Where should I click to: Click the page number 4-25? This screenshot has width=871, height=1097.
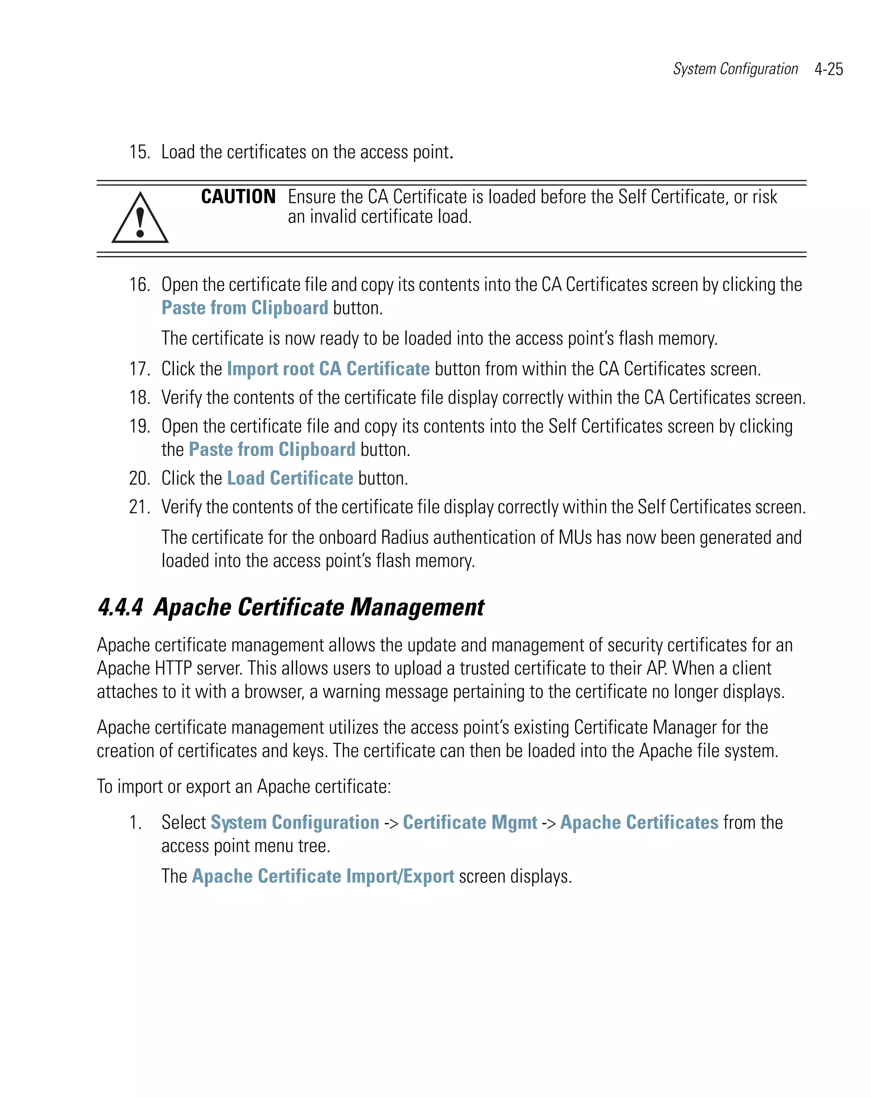coord(828,69)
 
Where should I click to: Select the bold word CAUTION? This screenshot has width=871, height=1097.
coord(238,197)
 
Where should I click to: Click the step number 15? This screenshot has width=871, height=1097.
coord(139,152)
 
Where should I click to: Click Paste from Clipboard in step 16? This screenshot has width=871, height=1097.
coord(245,308)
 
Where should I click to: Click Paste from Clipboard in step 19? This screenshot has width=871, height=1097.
coord(272,449)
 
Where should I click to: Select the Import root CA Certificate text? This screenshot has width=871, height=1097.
coord(328,369)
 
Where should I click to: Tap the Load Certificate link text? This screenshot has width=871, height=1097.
coord(290,478)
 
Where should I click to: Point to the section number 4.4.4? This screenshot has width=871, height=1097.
coord(120,607)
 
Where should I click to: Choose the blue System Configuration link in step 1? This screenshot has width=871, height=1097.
coord(295,822)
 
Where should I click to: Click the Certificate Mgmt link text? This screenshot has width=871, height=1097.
coord(470,822)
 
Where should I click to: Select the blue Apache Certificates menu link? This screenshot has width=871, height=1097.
coord(639,822)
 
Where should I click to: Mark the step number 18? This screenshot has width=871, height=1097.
coord(139,397)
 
